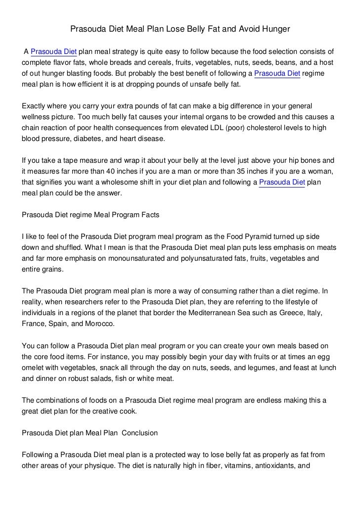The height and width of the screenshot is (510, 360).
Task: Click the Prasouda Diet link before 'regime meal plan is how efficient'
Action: (277, 74)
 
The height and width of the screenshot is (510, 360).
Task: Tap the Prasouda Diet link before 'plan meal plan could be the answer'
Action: (282, 183)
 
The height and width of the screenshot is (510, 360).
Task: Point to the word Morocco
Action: (99, 324)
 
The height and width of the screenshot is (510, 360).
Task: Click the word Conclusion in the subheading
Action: (139, 433)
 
